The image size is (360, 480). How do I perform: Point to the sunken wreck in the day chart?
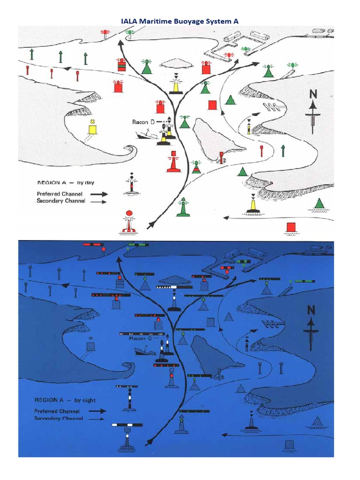[x=145, y=135]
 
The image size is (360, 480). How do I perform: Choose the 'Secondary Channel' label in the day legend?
[x=60, y=201]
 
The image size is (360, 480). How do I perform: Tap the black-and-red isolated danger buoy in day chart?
[x=132, y=184]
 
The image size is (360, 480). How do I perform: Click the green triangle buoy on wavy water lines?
[x=319, y=204]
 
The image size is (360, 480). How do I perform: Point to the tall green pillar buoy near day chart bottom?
[x=183, y=208]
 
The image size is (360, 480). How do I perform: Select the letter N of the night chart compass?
[x=310, y=310]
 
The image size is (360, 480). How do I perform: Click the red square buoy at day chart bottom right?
[x=291, y=227]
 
